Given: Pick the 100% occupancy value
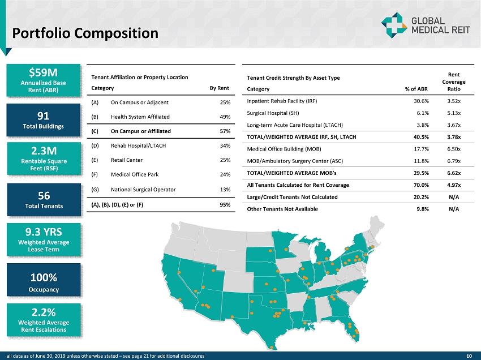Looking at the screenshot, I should coord(44,277).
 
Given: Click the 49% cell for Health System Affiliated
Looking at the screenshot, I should coord(225,117).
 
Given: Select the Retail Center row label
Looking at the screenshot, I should coord(127,160).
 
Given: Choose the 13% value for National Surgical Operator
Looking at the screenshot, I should coord(225,189).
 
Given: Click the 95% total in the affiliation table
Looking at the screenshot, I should coord(225,204).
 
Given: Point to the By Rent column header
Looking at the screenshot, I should coord(219,88).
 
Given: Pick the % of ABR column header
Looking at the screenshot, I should coord(416,89).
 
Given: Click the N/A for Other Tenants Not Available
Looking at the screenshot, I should coord(453,209).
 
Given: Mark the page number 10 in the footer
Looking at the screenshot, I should coord(469,355).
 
